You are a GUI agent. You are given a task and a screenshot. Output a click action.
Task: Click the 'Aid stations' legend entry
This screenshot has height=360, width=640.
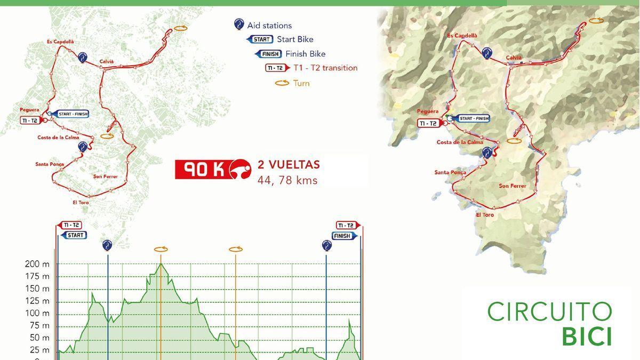pyautogui.click(x=269, y=25)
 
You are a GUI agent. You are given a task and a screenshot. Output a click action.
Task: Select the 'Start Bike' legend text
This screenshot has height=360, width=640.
pyautogui.click(x=295, y=39)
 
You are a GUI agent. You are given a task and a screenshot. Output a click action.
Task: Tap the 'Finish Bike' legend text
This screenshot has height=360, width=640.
pyautogui.click(x=305, y=54)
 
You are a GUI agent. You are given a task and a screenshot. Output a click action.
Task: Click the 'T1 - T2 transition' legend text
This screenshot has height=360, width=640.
pyautogui.click(x=325, y=68)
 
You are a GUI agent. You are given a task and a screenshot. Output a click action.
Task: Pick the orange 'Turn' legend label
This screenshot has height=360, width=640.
pyautogui.click(x=301, y=83)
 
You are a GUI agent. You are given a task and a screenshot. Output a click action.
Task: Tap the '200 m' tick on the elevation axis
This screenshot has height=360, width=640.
pyautogui.click(x=37, y=264)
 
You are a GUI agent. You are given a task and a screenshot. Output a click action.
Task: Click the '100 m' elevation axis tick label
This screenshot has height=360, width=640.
pyautogui.click(x=37, y=313)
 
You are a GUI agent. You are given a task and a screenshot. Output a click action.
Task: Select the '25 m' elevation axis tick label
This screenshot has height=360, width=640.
pyautogui.click(x=39, y=350)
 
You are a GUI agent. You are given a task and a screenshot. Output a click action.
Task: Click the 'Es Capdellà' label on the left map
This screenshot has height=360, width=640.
pyautogui.click(x=60, y=41)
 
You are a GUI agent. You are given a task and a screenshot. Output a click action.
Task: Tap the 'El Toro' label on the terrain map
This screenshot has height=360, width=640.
pyautogui.click(x=485, y=215)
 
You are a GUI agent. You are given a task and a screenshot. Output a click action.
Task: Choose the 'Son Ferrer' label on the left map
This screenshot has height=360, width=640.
pyautogui.click(x=105, y=177)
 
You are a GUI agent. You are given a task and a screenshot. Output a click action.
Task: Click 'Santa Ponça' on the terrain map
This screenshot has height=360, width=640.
pyautogui.click(x=450, y=172)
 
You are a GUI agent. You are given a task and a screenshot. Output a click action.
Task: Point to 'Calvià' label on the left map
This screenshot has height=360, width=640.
pyautogui.click(x=107, y=61)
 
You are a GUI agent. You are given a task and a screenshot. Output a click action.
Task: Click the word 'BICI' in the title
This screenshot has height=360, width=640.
pyautogui.click(x=587, y=337)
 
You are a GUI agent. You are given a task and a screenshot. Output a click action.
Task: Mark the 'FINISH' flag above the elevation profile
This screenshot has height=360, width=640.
pyautogui.click(x=342, y=236)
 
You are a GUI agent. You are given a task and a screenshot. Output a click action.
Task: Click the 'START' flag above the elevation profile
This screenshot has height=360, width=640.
pyautogui.click(x=75, y=235)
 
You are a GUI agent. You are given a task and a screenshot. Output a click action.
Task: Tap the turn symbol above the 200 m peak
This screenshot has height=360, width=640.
pyautogui.click(x=161, y=249)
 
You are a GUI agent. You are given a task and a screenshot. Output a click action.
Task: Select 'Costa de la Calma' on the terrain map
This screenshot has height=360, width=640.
pyautogui.click(x=460, y=142)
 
